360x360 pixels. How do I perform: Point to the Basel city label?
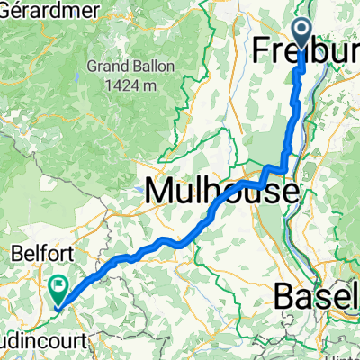pyautogui.click(x=315, y=294)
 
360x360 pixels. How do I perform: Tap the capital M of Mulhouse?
pyautogui.click(x=160, y=191)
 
